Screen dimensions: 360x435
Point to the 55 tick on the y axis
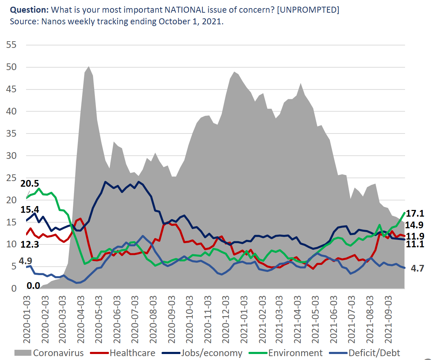click(x=11, y=45)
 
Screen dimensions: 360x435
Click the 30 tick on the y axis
click(x=11, y=156)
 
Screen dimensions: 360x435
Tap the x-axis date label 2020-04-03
click(x=81, y=319)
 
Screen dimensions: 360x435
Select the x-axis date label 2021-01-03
click(x=244, y=319)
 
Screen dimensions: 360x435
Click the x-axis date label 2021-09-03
click(x=388, y=319)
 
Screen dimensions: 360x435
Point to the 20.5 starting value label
click(x=30, y=184)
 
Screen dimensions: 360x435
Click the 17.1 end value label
click(x=415, y=213)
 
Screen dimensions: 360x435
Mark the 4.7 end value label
click(x=417, y=268)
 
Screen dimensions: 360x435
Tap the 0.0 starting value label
click(x=33, y=286)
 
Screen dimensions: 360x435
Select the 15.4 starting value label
click(x=30, y=210)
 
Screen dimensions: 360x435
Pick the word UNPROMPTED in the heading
click(x=308, y=10)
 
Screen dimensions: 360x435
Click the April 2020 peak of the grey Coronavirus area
click(x=88, y=67)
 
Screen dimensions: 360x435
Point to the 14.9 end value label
click(x=414, y=225)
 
